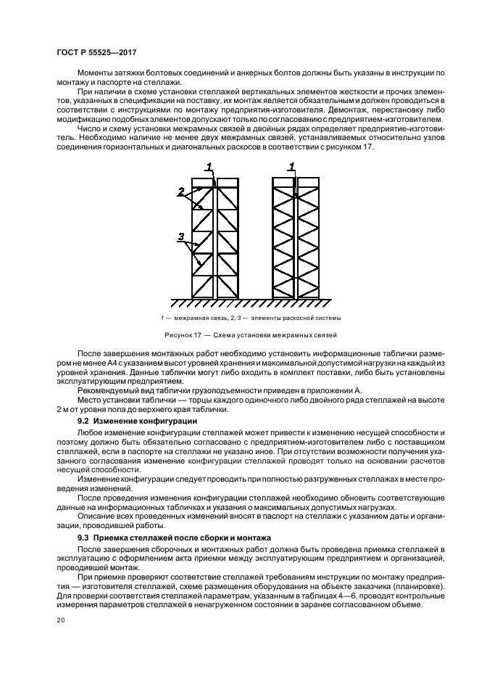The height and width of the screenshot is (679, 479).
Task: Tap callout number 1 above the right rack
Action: click(x=292, y=167)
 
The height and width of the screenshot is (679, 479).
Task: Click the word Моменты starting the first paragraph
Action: click(x=97, y=74)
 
